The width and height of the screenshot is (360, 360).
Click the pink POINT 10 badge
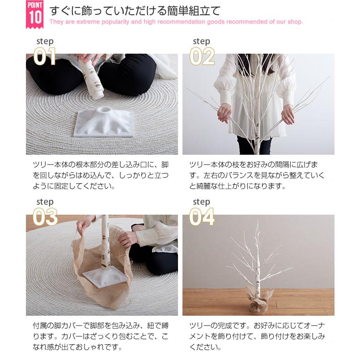(x=35, y=14)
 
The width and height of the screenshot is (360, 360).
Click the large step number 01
(x=45, y=56)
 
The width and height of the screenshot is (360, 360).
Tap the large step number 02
(x=202, y=56)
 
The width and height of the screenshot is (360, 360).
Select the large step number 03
(x=45, y=217)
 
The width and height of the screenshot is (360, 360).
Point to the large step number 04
(x=202, y=217)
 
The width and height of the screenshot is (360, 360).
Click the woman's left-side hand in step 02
(x=224, y=114)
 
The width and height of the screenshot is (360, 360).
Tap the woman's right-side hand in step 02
(x=288, y=114)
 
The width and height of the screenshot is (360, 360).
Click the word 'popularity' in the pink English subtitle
(x=115, y=22)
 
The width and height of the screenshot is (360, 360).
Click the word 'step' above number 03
(x=45, y=202)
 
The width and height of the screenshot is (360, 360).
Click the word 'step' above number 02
(x=202, y=41)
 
